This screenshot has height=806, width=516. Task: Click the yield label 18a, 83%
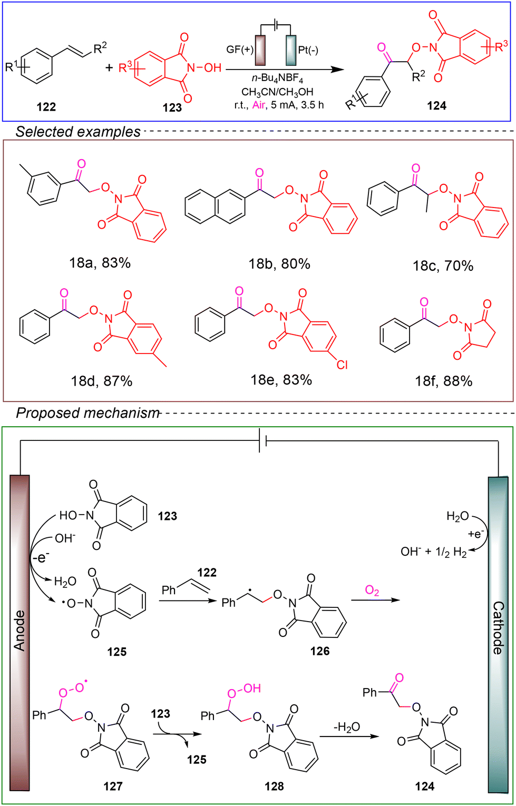point(100,263)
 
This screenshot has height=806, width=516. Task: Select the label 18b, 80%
point(279,264)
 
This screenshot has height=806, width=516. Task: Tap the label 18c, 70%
point(443,266)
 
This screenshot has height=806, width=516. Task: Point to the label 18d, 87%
point(102,381)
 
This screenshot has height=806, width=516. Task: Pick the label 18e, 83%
point(281,380)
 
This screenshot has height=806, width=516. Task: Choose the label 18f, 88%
point(444,381)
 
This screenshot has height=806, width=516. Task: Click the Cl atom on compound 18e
point(342,365)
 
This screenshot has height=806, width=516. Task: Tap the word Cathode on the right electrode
point(498,628)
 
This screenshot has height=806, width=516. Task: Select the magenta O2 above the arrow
point(372,591)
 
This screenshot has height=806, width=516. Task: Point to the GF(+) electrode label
point(240,50)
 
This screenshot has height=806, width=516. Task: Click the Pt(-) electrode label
point(308,50)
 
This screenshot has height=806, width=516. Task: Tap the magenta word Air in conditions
point(259,105)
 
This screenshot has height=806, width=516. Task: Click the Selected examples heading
point(78,132)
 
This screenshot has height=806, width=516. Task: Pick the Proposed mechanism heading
point(87,413)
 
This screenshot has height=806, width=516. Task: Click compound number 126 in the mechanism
point(320,651)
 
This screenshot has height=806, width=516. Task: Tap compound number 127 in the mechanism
point(113,786)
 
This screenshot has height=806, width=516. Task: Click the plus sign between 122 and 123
point(110,67)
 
